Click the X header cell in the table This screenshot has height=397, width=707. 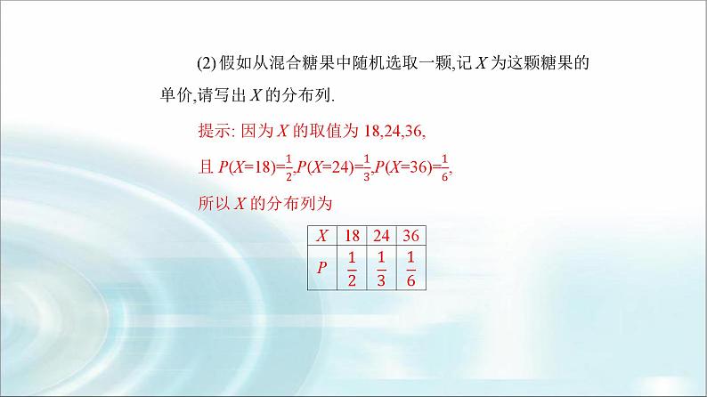[323, 236]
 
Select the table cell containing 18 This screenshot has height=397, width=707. [353, 236]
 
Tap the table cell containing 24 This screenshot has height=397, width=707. [383, 236]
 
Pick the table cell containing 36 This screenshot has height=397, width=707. [411, 236]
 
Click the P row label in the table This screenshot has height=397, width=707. [323, 267]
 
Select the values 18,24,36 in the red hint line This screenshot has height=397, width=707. [394, 130]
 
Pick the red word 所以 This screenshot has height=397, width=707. [212, 204]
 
